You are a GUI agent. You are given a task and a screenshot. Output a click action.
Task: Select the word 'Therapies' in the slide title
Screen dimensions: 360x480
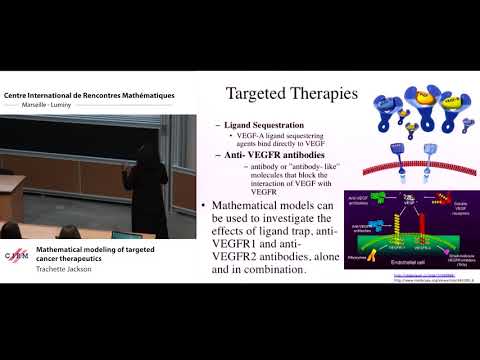[x=326, y=96]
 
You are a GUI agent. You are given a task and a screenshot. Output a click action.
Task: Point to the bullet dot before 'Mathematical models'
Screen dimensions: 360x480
[x=205, y=206]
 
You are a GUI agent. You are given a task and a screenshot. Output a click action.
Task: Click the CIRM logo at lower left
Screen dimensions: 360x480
[x=17, y=256]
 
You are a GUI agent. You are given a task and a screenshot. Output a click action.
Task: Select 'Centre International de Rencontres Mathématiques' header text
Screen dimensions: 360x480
[x=90, y=95]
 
